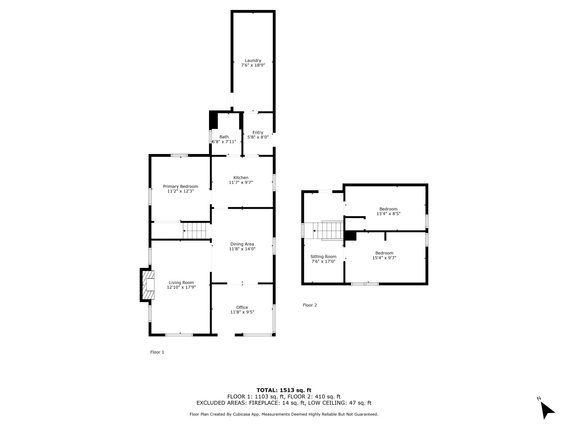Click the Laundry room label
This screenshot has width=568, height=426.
(253, 60)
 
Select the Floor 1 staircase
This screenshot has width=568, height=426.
(195, 231)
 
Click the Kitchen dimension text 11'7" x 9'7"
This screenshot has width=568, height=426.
(241, 182)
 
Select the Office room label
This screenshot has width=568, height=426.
(242, 307)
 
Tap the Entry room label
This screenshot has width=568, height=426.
(258, 132)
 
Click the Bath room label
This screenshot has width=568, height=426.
(224, 137)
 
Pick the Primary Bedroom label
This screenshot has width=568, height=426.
(180, 186)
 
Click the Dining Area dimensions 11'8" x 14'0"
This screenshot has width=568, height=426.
(242, 249)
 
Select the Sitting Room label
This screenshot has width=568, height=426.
(323, 257)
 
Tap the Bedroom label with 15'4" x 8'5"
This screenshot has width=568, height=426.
(388, 209)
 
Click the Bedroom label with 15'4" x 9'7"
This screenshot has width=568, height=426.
(384, 253)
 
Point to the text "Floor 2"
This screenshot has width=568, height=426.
(310, 305)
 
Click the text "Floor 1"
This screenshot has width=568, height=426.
(157, 352)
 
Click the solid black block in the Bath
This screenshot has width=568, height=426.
(213, 120)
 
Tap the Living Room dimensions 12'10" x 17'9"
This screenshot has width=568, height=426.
(181, 287)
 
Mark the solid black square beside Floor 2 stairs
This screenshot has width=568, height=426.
(350, 236)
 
